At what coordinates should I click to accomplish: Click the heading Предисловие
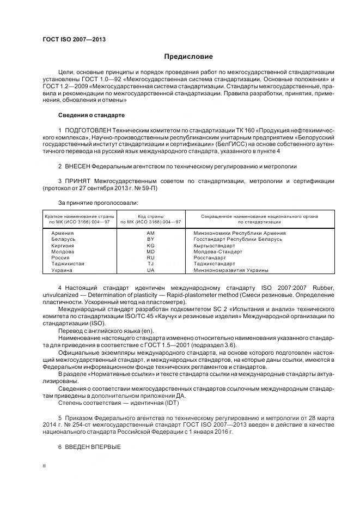tap(188, 57)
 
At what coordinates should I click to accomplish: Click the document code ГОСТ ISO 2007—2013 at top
tap(74, 40)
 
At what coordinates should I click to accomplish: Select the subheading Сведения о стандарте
tap(91, 116)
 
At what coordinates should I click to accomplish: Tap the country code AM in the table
tap(151, 233)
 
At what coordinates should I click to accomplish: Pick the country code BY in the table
tap(151, 239)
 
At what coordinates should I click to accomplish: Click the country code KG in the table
tap(151, 245)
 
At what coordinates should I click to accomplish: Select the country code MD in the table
tap(151, 252)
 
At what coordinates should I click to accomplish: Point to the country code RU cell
tap(151, 258)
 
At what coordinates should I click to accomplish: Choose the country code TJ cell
tap(151, 264)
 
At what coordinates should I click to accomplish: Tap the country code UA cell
tap(151, 270)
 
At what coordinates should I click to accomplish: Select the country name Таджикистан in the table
tap(68, 264)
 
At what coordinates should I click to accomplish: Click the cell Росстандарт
tap(210, 258)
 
